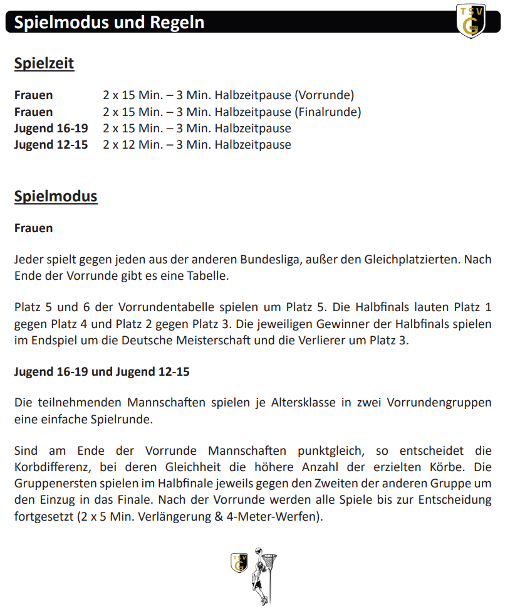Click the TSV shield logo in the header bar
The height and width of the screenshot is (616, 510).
coord(471,20)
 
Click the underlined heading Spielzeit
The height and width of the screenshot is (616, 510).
coord(44,63)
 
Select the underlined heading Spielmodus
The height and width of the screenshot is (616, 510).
coord(56,196)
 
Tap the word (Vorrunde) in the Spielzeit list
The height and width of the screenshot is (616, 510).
coord(324,95)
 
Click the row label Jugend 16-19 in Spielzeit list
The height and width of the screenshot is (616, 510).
coord(51,128)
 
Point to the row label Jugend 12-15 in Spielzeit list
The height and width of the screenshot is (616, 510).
coord(51,144)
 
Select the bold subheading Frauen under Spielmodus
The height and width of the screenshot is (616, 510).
coord(33,228)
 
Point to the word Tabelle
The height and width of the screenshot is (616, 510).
coord(207,276)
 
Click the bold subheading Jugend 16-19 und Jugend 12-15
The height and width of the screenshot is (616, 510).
coord(101,371)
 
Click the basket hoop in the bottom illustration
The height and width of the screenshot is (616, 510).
coord(269,560)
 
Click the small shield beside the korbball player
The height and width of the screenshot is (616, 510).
coord(239,562)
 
